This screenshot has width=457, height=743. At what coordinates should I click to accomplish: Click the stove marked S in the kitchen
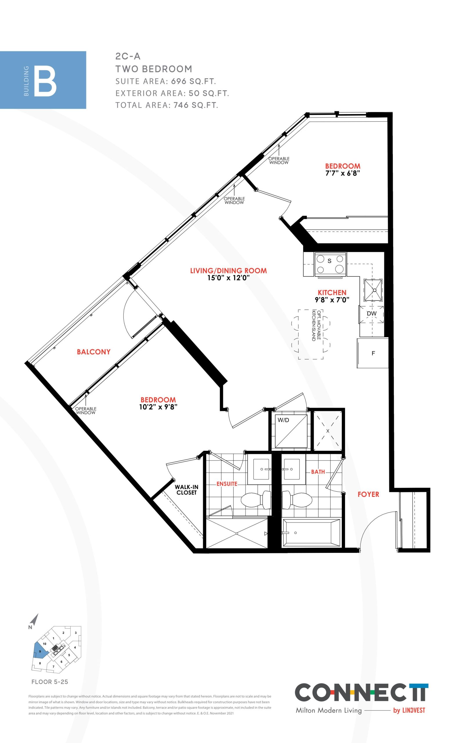tap(331, 264)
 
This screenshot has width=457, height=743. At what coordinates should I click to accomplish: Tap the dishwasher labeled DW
tap(371, 314)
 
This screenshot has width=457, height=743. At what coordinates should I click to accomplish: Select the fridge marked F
tap(373, 353)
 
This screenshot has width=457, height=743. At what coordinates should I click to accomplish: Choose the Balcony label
tap(94, 352)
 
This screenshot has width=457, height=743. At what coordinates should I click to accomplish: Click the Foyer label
tap(368, 494)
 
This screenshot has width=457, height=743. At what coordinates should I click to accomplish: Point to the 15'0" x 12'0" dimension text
tap(228, 278)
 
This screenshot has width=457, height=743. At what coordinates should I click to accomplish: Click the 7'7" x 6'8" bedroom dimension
tap(343, 173)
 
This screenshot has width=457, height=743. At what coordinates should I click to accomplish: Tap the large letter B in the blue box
tap(45, 82)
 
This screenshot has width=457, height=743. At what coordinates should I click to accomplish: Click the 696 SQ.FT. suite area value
tap(194, 81)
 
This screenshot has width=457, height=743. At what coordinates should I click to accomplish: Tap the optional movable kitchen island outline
tap(311, 334)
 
